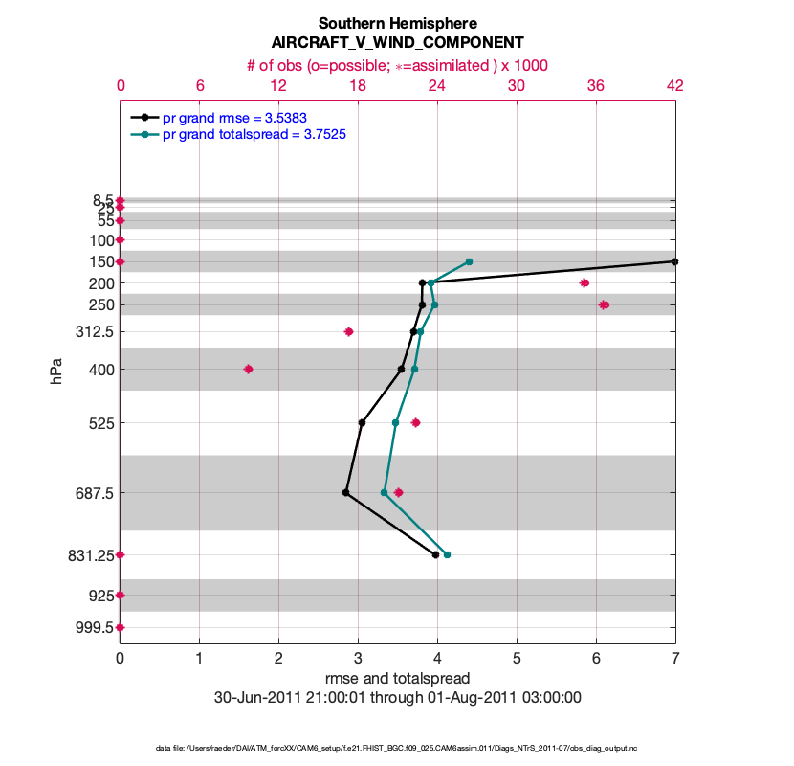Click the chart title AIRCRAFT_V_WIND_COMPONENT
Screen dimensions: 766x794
397,43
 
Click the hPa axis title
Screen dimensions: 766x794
56,372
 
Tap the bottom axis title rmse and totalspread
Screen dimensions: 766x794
397,679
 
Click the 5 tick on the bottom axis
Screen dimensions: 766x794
517,659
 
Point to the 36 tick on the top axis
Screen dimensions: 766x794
596,85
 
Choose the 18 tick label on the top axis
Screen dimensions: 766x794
358,85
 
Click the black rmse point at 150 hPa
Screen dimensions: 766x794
674,261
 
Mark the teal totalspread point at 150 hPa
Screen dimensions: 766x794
469,261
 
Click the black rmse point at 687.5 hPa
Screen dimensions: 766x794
345,493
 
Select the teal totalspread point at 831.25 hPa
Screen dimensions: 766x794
447,555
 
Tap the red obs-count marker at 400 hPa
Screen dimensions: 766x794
249,369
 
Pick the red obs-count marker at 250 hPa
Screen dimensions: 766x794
604,305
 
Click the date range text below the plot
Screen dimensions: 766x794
397,698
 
